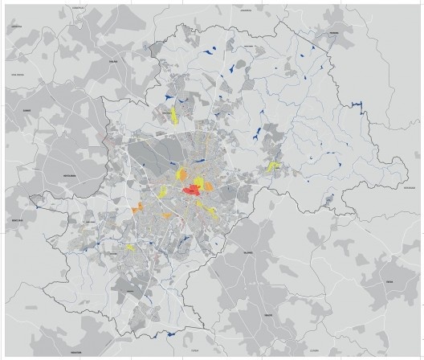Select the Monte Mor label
17,219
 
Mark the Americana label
16,25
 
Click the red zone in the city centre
193,190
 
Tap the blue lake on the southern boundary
170,334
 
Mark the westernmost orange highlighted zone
137,209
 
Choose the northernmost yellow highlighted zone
172,114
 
